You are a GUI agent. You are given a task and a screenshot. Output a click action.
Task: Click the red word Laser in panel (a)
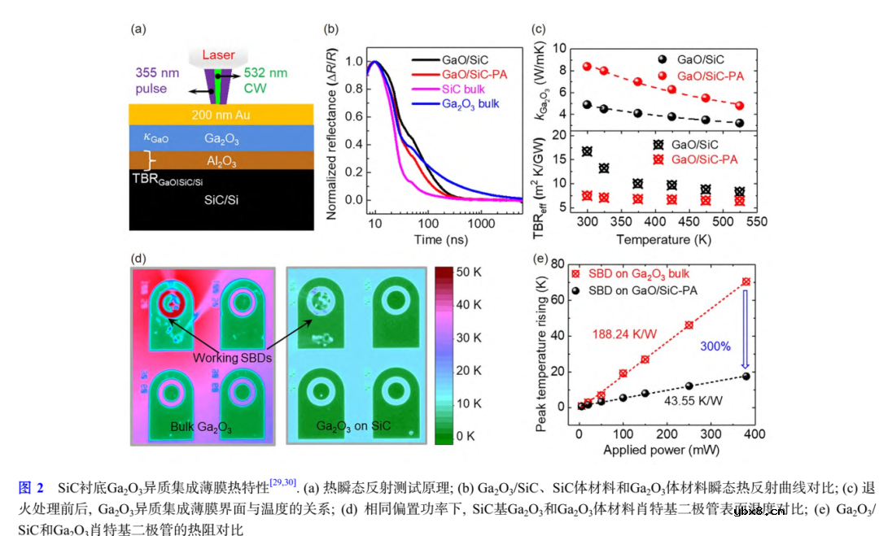(x=217, y=55)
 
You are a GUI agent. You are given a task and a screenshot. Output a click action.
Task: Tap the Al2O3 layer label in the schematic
(x=221, y=162)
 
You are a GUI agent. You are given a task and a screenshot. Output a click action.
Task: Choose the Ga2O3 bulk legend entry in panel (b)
(x=470, y=104)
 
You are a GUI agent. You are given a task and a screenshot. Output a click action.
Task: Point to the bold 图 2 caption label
(x=31, y=487)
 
